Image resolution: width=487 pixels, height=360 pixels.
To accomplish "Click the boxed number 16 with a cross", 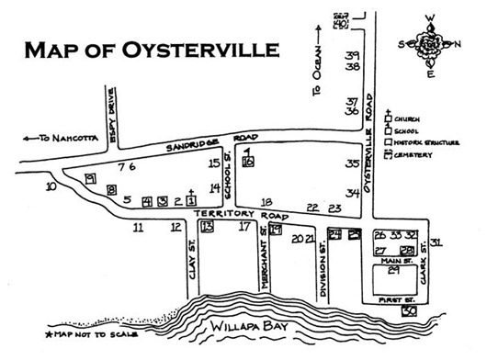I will tap(248, 162).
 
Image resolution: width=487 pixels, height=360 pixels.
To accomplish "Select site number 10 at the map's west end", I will tap(51, 186).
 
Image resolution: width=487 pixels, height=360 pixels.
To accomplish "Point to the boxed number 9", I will tap(89, 178).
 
